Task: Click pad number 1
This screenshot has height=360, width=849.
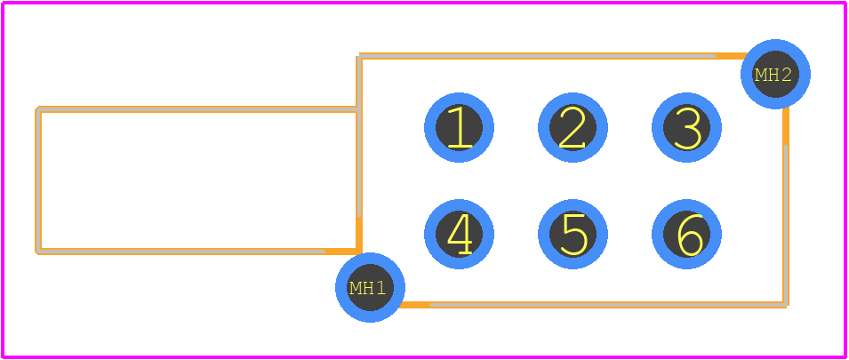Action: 459,128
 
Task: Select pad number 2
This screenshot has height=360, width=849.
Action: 573,128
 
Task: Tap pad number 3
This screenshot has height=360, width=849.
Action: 686,128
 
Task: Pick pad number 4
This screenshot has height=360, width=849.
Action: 459,235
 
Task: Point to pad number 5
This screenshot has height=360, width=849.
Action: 573,235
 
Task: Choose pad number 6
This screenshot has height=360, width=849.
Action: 686,235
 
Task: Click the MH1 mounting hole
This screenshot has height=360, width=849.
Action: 371,287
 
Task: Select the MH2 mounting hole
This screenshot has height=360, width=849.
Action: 775,74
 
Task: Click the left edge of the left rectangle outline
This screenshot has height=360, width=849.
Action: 38,180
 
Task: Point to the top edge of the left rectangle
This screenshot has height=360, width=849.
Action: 198,109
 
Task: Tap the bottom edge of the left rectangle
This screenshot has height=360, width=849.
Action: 198,252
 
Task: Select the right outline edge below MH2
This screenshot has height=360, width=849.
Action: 786,207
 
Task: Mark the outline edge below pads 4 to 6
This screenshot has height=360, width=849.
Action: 593,305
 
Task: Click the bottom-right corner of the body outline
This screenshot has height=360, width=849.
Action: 786,306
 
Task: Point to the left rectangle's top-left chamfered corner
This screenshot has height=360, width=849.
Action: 37,108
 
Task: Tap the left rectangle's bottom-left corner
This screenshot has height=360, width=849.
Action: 37,252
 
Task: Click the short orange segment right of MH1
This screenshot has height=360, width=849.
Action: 415,305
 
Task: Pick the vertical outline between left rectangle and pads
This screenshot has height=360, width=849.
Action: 359,154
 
